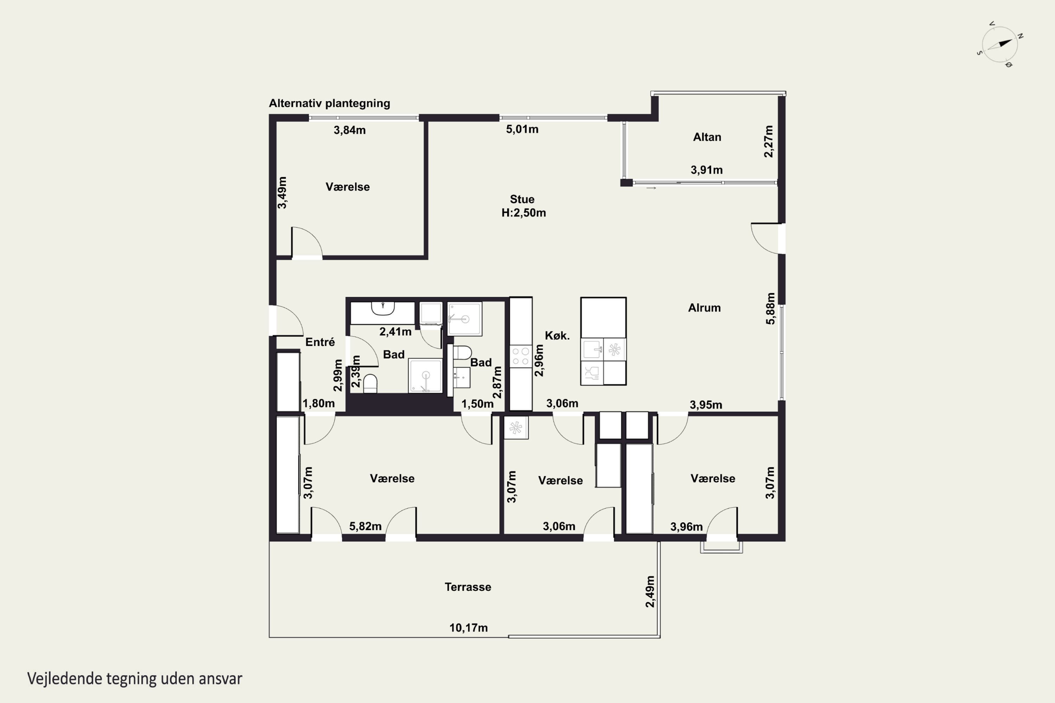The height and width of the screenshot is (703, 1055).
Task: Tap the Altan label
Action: tap(707, 137)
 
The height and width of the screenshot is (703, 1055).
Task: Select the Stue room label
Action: tap(522, 199)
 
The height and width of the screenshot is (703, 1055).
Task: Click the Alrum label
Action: tap(704, 308)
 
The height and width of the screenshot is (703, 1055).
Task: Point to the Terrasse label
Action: tap(468, 587)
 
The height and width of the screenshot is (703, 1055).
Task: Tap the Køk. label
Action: tap(557, 335)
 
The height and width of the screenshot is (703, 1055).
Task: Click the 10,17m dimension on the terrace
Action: tap(468, 628)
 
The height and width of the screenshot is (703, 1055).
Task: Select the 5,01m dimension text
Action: tap(522, 129)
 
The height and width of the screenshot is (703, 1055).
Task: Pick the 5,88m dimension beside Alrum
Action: tap(770, 309)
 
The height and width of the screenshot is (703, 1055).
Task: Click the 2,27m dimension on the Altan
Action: tap(768, 141)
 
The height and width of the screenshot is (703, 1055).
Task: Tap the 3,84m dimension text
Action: tap(350, 130)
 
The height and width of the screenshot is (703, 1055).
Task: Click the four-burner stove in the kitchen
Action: tap(521, 356)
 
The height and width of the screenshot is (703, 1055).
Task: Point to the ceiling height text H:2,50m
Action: tap(524, 213)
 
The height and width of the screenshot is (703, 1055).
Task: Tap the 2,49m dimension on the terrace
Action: tap(650, 591)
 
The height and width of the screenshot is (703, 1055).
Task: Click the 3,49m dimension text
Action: tap(282, 193)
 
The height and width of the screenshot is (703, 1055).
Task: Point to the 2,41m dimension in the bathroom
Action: tap(395, 332)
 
